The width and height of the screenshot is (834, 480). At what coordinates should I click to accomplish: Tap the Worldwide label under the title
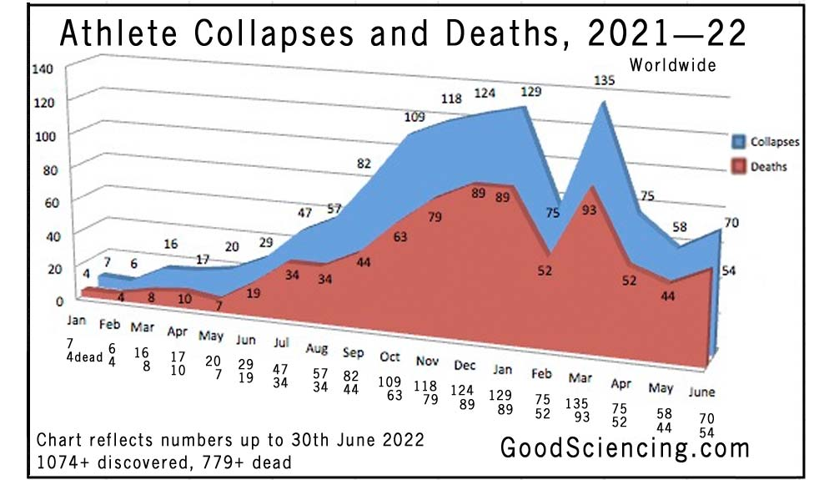[672, 64]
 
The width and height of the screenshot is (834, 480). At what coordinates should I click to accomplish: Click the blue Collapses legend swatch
[738, 142]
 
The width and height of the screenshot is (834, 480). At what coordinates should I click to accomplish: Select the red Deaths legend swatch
[738, 166]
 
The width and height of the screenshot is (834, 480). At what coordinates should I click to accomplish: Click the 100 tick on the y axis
[42, 134]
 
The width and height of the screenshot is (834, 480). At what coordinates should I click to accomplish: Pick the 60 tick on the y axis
[42, 202]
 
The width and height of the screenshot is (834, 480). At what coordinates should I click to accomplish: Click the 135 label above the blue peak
[602, 81]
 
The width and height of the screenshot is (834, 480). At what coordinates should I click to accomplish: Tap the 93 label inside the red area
[589, 210]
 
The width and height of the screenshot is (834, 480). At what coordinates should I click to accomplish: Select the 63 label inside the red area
[400, 236]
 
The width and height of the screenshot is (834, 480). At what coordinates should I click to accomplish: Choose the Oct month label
[390, 356]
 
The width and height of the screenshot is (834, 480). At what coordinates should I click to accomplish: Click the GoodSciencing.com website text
[625, 447]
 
